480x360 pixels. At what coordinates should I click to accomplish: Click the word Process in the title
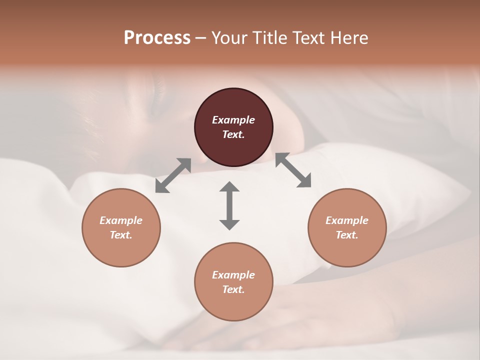pos(157,38)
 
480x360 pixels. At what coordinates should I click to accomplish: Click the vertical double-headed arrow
pos(229,205)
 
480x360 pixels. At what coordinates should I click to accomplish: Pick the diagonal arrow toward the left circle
pos(173,175)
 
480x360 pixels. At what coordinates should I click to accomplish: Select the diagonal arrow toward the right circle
pos(293,170)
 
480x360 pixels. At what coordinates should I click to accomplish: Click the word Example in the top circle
pos(233,120)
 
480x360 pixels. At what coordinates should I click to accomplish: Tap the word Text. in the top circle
pos(233,134)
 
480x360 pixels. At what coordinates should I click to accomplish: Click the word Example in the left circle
pos(121,220)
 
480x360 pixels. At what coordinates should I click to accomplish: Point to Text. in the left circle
pos(121,235)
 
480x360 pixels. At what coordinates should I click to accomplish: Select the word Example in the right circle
pos(347,220)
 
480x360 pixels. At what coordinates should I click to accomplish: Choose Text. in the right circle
pos(347,235)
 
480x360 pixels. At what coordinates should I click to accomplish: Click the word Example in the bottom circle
pos(233,275)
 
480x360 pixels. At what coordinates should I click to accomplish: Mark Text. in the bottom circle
pos(233,289)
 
